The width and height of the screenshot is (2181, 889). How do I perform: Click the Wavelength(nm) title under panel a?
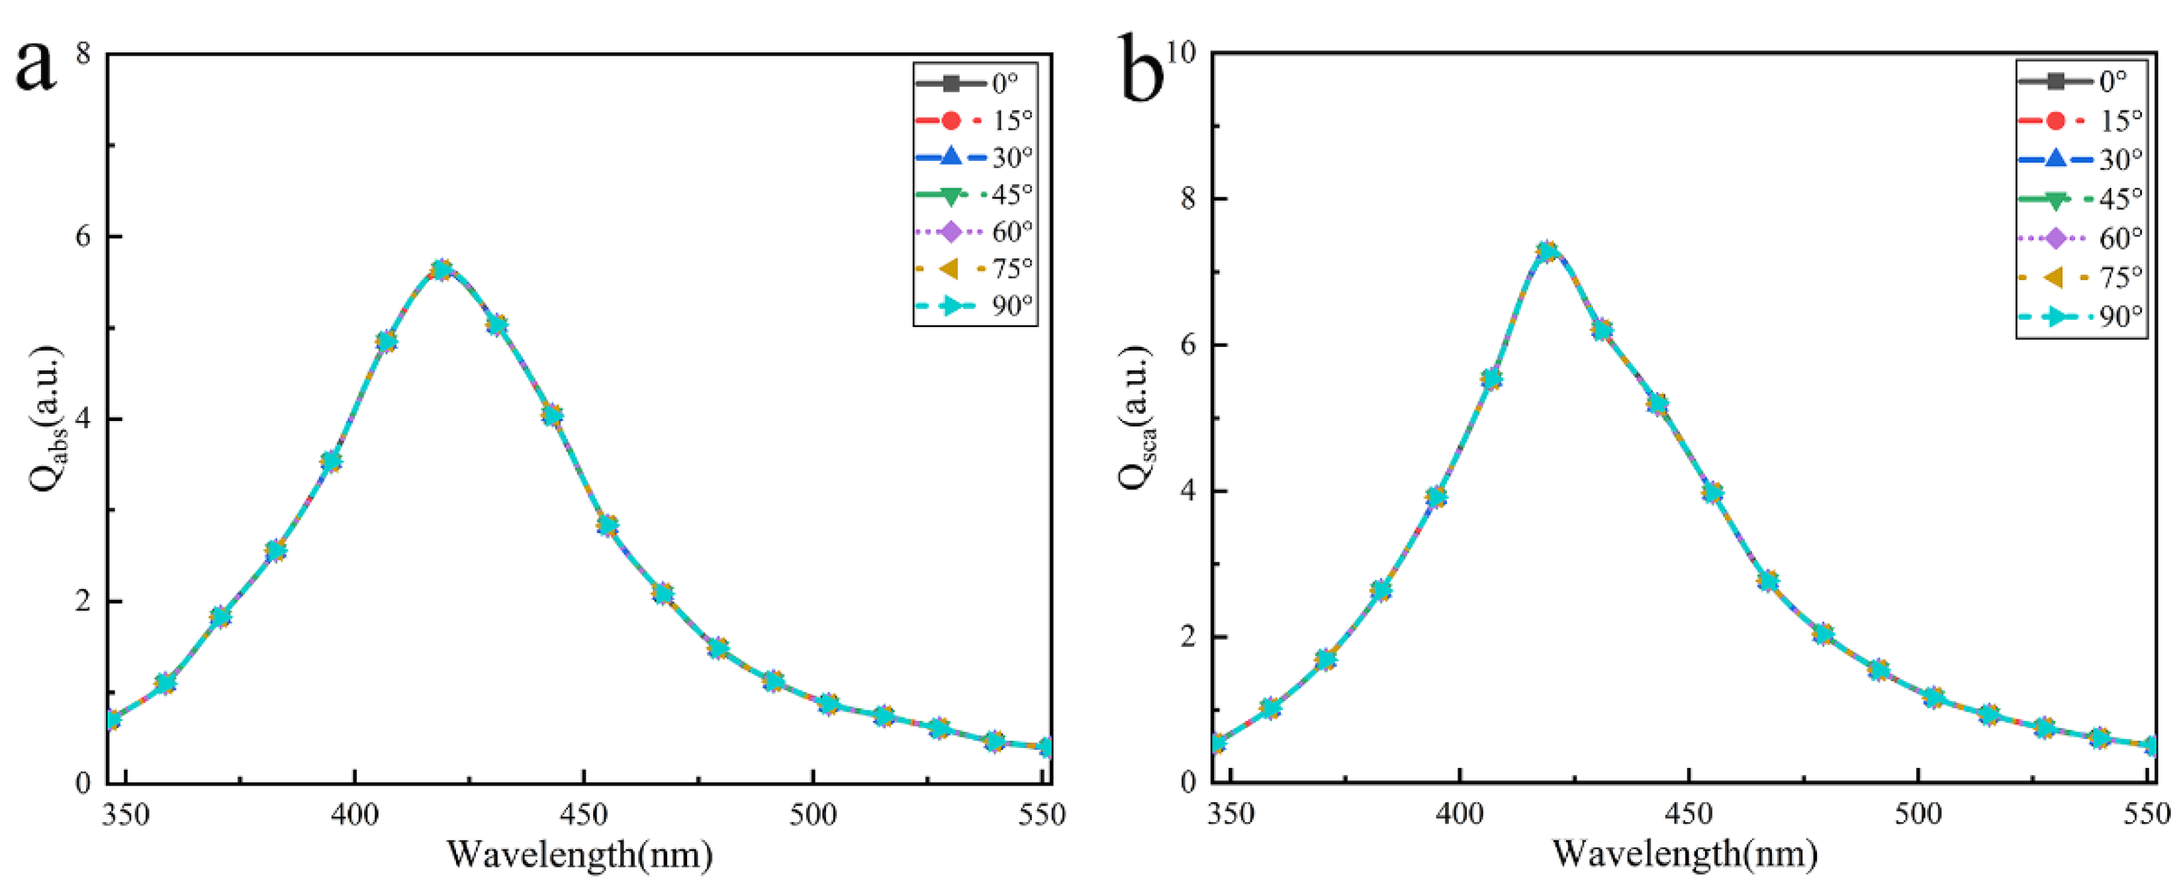point(579,855)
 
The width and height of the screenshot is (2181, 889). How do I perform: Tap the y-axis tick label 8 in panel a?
point(83,54)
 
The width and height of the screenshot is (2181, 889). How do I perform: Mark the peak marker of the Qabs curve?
point(441,270)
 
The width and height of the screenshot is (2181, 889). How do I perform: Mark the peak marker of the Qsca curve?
point(1547,252)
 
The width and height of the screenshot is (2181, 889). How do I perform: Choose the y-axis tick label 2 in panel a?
point(83,601)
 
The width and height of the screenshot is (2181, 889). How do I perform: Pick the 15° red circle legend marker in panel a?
point(950,120)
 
